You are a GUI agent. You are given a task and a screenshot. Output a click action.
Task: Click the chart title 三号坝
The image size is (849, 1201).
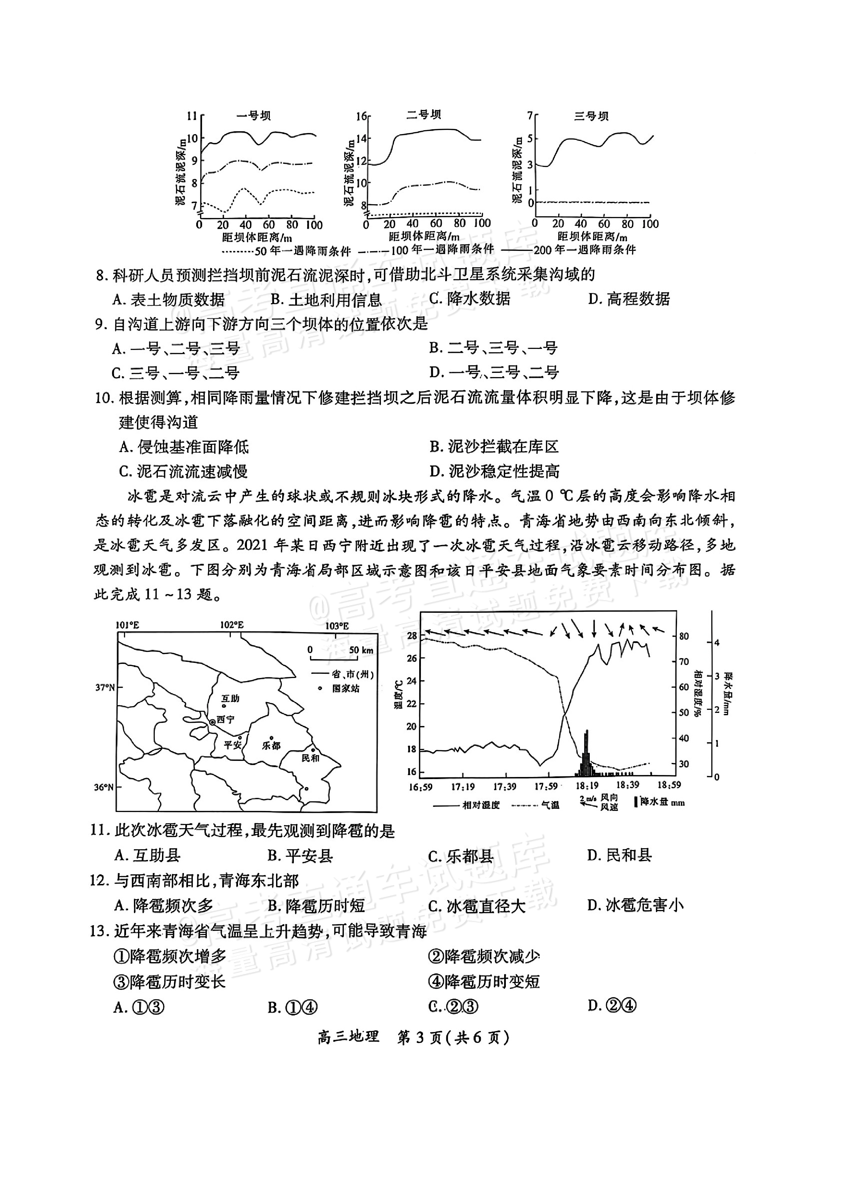pyautogui.click(x=591, y=116)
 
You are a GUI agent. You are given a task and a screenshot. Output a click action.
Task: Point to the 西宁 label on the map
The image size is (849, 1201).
pyautogui.click(x=226, y=719)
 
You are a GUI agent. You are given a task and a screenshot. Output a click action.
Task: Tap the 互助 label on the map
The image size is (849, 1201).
pyautogui.click(x=230, y=698)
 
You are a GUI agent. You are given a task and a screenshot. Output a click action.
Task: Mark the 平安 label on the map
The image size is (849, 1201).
pyautogui.click(x=232, y=745)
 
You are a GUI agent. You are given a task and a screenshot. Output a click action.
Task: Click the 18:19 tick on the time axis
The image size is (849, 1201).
pyautogui.click(x=587, y=786)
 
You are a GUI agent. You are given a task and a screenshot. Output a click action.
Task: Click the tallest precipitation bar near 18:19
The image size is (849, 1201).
pyautogui.click(x=587, y=753)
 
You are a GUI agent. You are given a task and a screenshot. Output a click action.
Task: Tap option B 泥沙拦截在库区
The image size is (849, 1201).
pyautogui.click(x=495, y=447)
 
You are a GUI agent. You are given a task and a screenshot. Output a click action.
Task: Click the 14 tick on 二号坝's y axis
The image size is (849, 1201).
pyautogui.click(x=362, y=138)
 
